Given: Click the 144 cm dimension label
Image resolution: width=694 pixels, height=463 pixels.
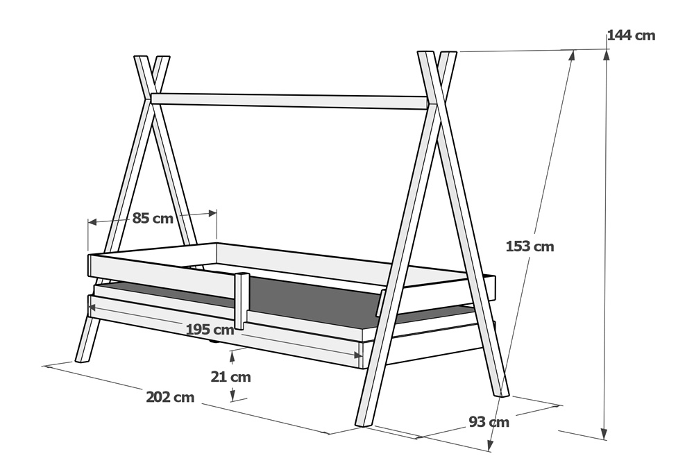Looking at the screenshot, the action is pyautogui.click(x=631, y=35).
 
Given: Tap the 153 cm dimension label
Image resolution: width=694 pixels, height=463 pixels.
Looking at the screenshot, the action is pyautogui.click(x=530, y=246).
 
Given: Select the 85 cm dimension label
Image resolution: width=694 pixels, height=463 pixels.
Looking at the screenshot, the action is pyautogui.click(x=153, y=218).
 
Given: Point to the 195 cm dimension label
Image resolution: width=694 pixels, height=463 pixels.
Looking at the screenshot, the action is pyautogui.click(x=210, y=329).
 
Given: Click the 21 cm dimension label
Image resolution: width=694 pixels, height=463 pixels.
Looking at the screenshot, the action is pyautogui.click(x=230, y=377).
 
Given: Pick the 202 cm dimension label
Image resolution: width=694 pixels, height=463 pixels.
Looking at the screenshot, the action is pyautogui.click(x=170, y=397).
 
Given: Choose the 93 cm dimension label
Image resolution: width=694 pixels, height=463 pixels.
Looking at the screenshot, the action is pyautogui.click(x=489, y=422).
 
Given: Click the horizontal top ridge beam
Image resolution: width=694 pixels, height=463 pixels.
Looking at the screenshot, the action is pyautogui.click(x=290, y=101).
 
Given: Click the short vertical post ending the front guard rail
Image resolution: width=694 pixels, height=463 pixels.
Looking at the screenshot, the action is pyautogui.click(x=242, y=301).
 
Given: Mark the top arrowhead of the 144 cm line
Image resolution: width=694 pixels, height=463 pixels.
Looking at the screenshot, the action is pyautogui.click(x=606, y=53).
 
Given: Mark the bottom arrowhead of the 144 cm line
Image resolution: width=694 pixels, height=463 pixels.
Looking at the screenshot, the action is pyautogui.click(x=604, y=434).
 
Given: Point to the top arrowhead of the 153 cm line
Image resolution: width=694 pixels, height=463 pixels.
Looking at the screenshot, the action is pyautogui.click(x=573, y=56).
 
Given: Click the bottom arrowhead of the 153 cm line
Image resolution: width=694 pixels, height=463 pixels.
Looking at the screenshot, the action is pyautogui.click(x=491, y=445).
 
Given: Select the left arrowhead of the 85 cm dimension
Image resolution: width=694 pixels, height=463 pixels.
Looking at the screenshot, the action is pyautogui.click(x=92, y=221).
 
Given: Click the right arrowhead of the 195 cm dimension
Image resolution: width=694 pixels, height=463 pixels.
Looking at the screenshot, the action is pyautogui.click(x=358, y=355).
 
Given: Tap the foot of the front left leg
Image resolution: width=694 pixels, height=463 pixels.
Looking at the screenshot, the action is pyautogui.click(x=81, y=360).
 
